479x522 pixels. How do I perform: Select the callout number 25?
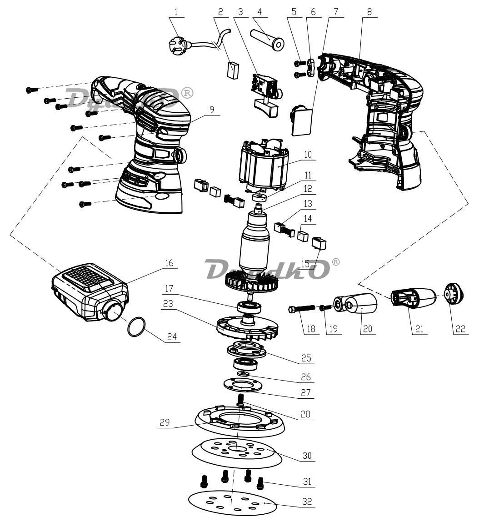pos(307,358)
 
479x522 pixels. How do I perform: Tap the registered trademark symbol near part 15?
pos(335,262)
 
